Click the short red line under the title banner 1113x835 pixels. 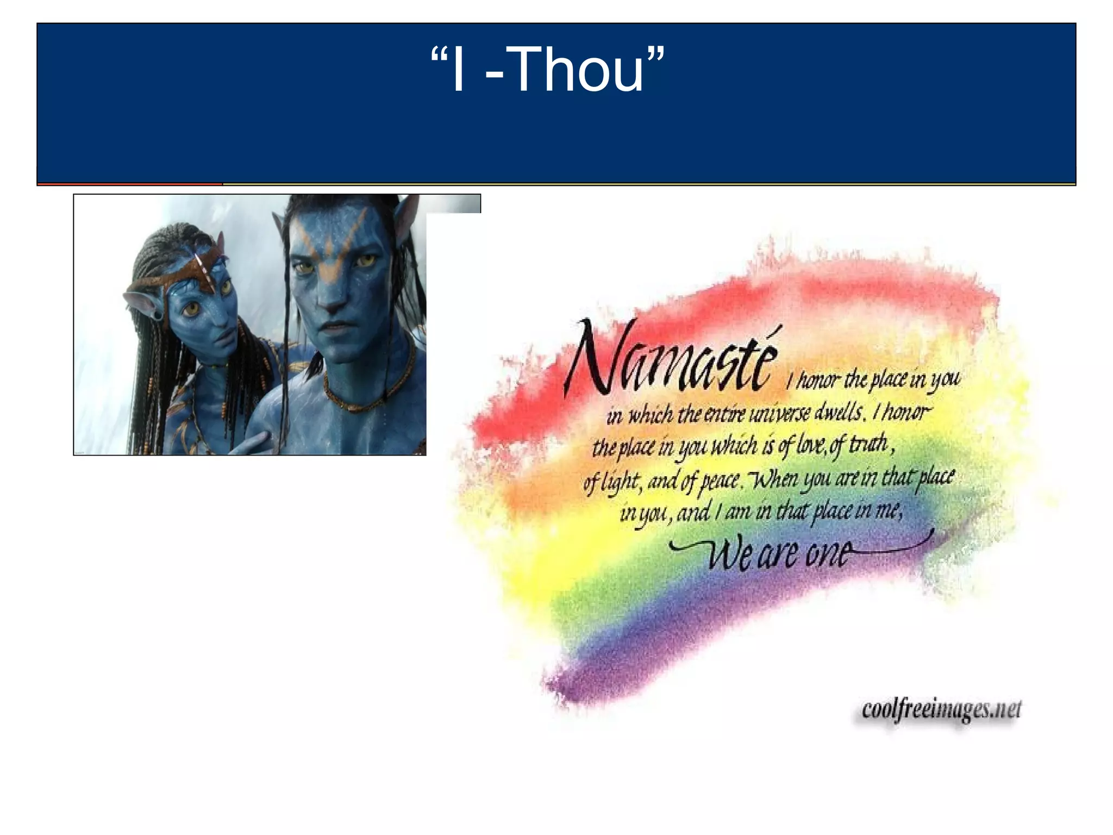[130, 184]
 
